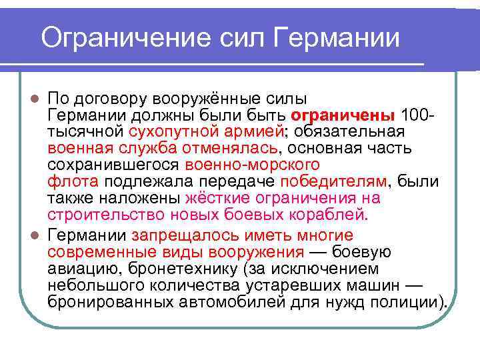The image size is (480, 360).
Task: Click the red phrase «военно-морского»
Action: (x=253, y=163)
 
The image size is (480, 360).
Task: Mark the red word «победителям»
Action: (x=333, y=180)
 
